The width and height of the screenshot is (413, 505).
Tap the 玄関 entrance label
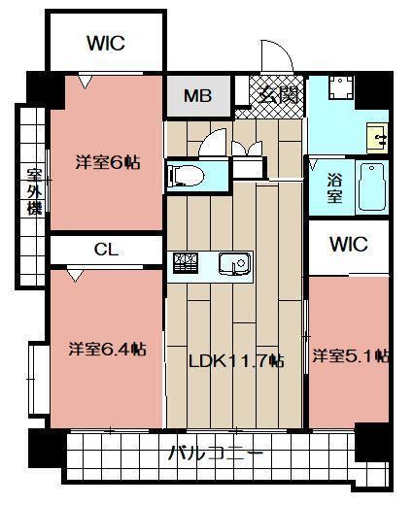[275, 95]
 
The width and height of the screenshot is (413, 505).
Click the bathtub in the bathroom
[372, 186]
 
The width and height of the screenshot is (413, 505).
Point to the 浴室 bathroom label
[333, 186]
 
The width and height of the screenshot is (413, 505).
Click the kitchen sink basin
[233, 263]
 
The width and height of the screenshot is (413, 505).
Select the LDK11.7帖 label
[236, 360]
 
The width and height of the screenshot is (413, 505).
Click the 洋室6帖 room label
[108, 162]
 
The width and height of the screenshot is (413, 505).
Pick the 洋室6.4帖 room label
[108, 347]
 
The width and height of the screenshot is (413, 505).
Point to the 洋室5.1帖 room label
[351, 356]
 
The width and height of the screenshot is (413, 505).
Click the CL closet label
[106, 250]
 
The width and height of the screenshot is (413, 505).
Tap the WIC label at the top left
[105, 43]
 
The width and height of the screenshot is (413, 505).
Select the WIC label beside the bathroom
[348, 245]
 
